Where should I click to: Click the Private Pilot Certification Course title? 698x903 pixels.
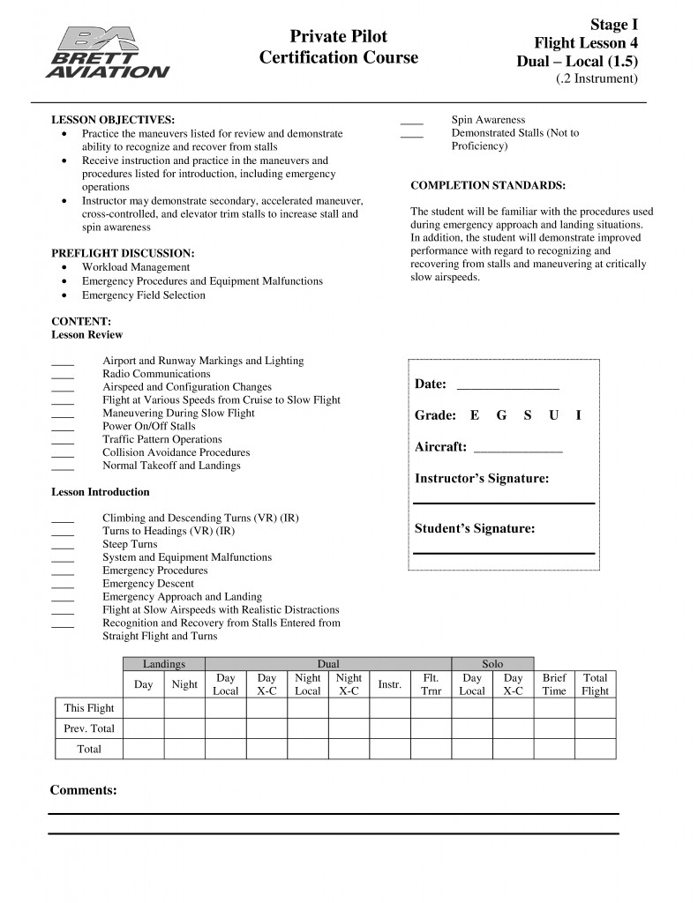[x=338, y=47]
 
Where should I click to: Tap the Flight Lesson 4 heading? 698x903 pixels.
[x=586, y=43]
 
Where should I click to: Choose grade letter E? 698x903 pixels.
[x=475, y=415]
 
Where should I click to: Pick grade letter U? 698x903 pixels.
[x=553, y=415]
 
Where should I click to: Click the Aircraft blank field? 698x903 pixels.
[x=518, y=449]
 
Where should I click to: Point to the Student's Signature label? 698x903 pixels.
[x=475, y=529]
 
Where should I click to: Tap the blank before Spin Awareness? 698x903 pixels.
[x=411, y=123]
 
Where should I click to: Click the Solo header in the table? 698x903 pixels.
[x=492, y=664]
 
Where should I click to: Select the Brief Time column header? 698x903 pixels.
[x=554, y=684]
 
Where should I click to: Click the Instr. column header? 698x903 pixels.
[x=389, y=684]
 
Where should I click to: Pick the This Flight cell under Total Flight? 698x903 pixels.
[x=595, y=708]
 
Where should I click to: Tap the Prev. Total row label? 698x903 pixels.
[x=89, y=728]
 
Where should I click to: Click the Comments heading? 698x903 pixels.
[x=83, y=790]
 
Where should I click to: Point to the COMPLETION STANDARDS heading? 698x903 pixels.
[x=488, y=185]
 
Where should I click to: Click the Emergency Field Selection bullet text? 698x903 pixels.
[x=143, y=295]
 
